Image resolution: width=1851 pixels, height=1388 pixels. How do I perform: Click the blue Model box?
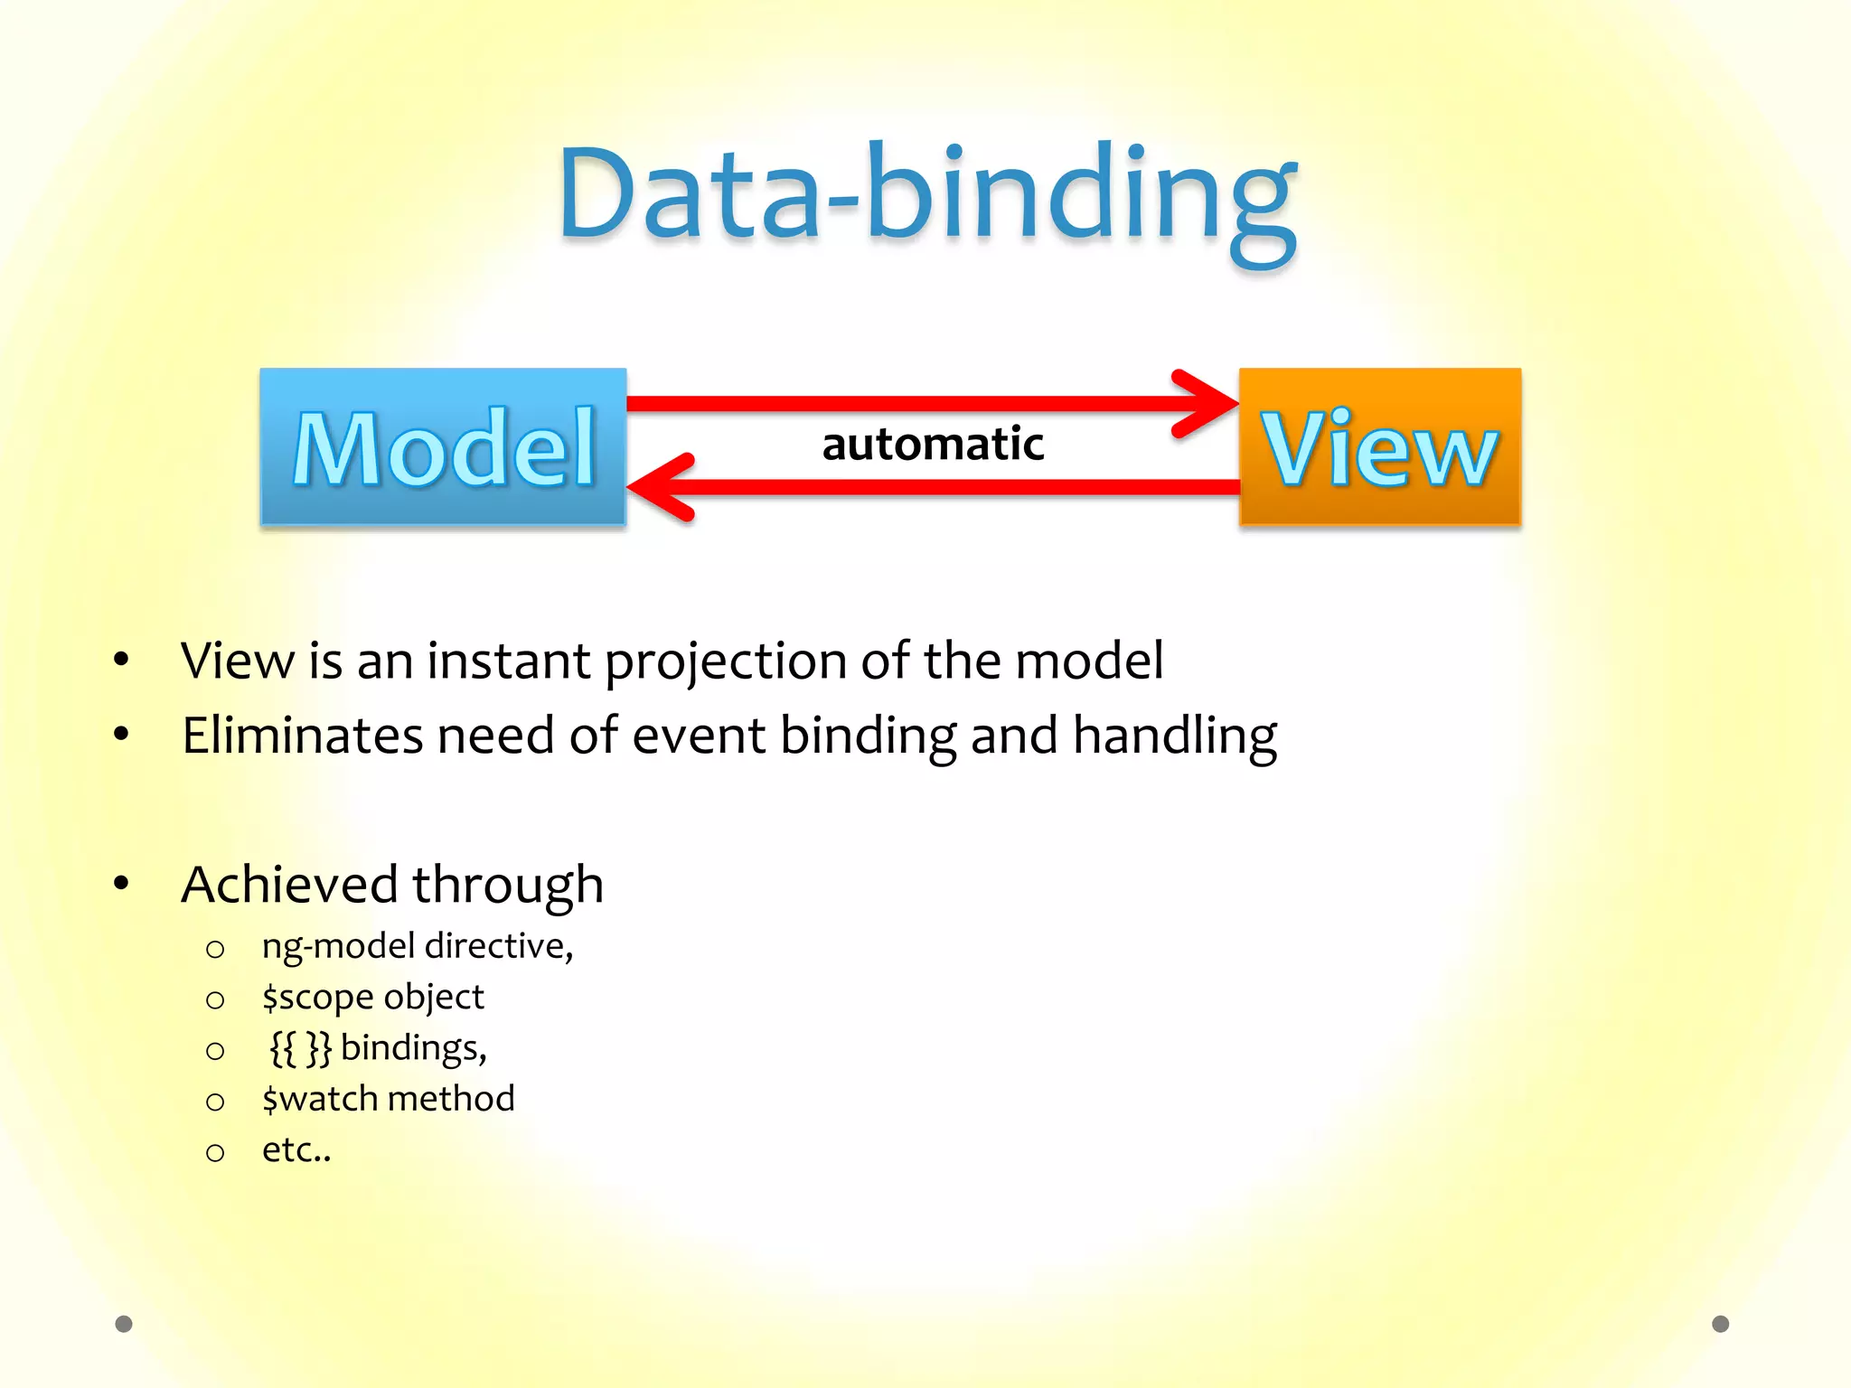pyautogui.click(x=443, y=446)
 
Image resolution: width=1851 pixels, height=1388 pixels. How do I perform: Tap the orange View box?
pyautogui.click(x=1380, y=446)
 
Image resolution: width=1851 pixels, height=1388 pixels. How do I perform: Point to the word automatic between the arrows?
pyautogui.click(x=933, y=445)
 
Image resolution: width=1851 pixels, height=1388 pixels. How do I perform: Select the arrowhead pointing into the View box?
pyautogui.click(x=1207, y=403)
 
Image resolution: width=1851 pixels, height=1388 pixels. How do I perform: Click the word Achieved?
pyautogui.click(x=289, y=884)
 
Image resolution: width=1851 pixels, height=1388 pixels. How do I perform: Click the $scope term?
pyautogui.click(x=316, y=998)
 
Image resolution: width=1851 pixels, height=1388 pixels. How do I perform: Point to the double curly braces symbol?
pyautogui.click(x=301, y=1048)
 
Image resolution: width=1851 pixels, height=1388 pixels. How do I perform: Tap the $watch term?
pyautogui.click(x=320, y=1099)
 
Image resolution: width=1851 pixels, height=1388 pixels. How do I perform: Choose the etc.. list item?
pyautogui.click(x=296, y=1150)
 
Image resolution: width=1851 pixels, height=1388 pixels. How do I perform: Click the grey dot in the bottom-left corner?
pyautogui.click(x=124, y=1324)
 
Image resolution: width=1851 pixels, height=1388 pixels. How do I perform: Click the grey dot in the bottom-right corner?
pyautogui.click(x=1721, y=1324)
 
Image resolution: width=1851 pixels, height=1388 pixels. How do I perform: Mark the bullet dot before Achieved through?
pyautogui.click(x=121, y=884)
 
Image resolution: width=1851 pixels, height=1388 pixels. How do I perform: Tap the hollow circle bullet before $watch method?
pyautogui.click(x=215, y=1102)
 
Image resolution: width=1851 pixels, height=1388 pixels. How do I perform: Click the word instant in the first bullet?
pyautogui.click(x=508, y=661)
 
